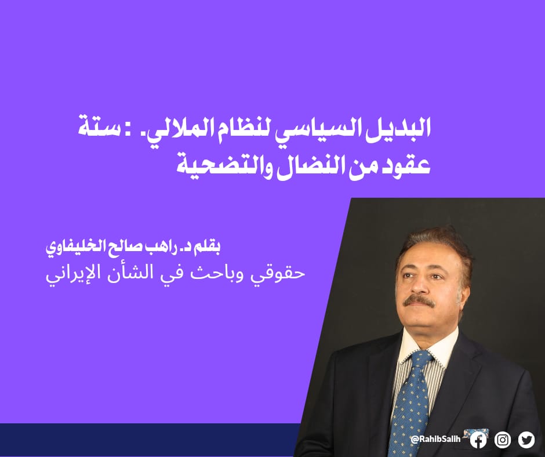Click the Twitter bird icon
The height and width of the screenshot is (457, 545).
(x=526, y=440)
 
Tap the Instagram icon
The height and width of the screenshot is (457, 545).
(x=503, y=440)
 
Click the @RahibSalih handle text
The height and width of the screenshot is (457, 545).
(x=435, y=439)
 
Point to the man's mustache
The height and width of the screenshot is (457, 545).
(x=419, y=301)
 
